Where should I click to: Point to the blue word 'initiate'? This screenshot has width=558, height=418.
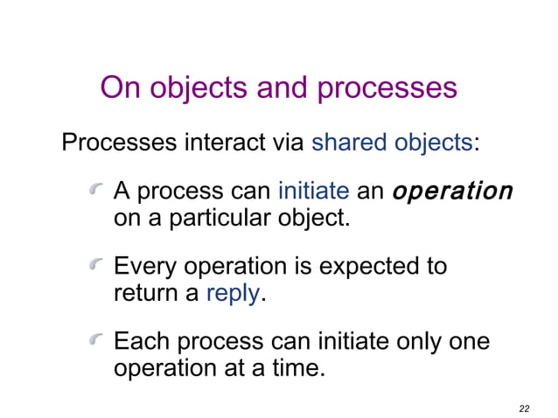(313, 192)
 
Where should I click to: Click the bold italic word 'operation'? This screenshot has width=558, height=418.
(452, 192)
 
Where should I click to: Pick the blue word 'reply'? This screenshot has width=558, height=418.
(233, 293)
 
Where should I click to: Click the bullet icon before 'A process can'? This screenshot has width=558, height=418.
(97, 190)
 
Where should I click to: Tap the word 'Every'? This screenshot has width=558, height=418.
(144, 267)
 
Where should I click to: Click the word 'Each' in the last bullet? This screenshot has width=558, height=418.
(141, 342)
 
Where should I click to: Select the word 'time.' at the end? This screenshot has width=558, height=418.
(295, 367)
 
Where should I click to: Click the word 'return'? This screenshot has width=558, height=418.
(144, 293)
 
